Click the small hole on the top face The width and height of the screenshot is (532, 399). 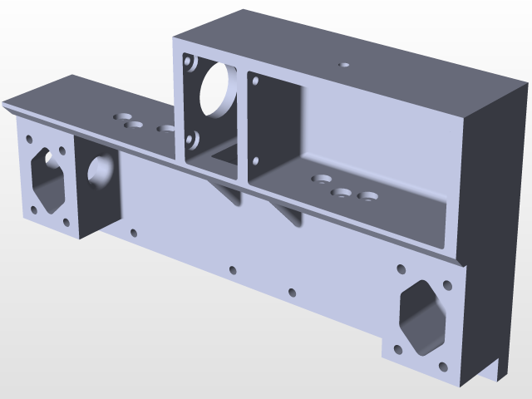(x=344, y=63)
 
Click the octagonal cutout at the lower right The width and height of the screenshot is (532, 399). (x=422, y=315)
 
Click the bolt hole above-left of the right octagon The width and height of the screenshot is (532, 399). (x=401, y=268)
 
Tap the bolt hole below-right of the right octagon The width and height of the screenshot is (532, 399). (x=441, y=364)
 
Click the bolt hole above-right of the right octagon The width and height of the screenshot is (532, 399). (x=446, y=286)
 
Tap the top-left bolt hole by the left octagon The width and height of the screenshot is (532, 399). (x=29, y=140)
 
